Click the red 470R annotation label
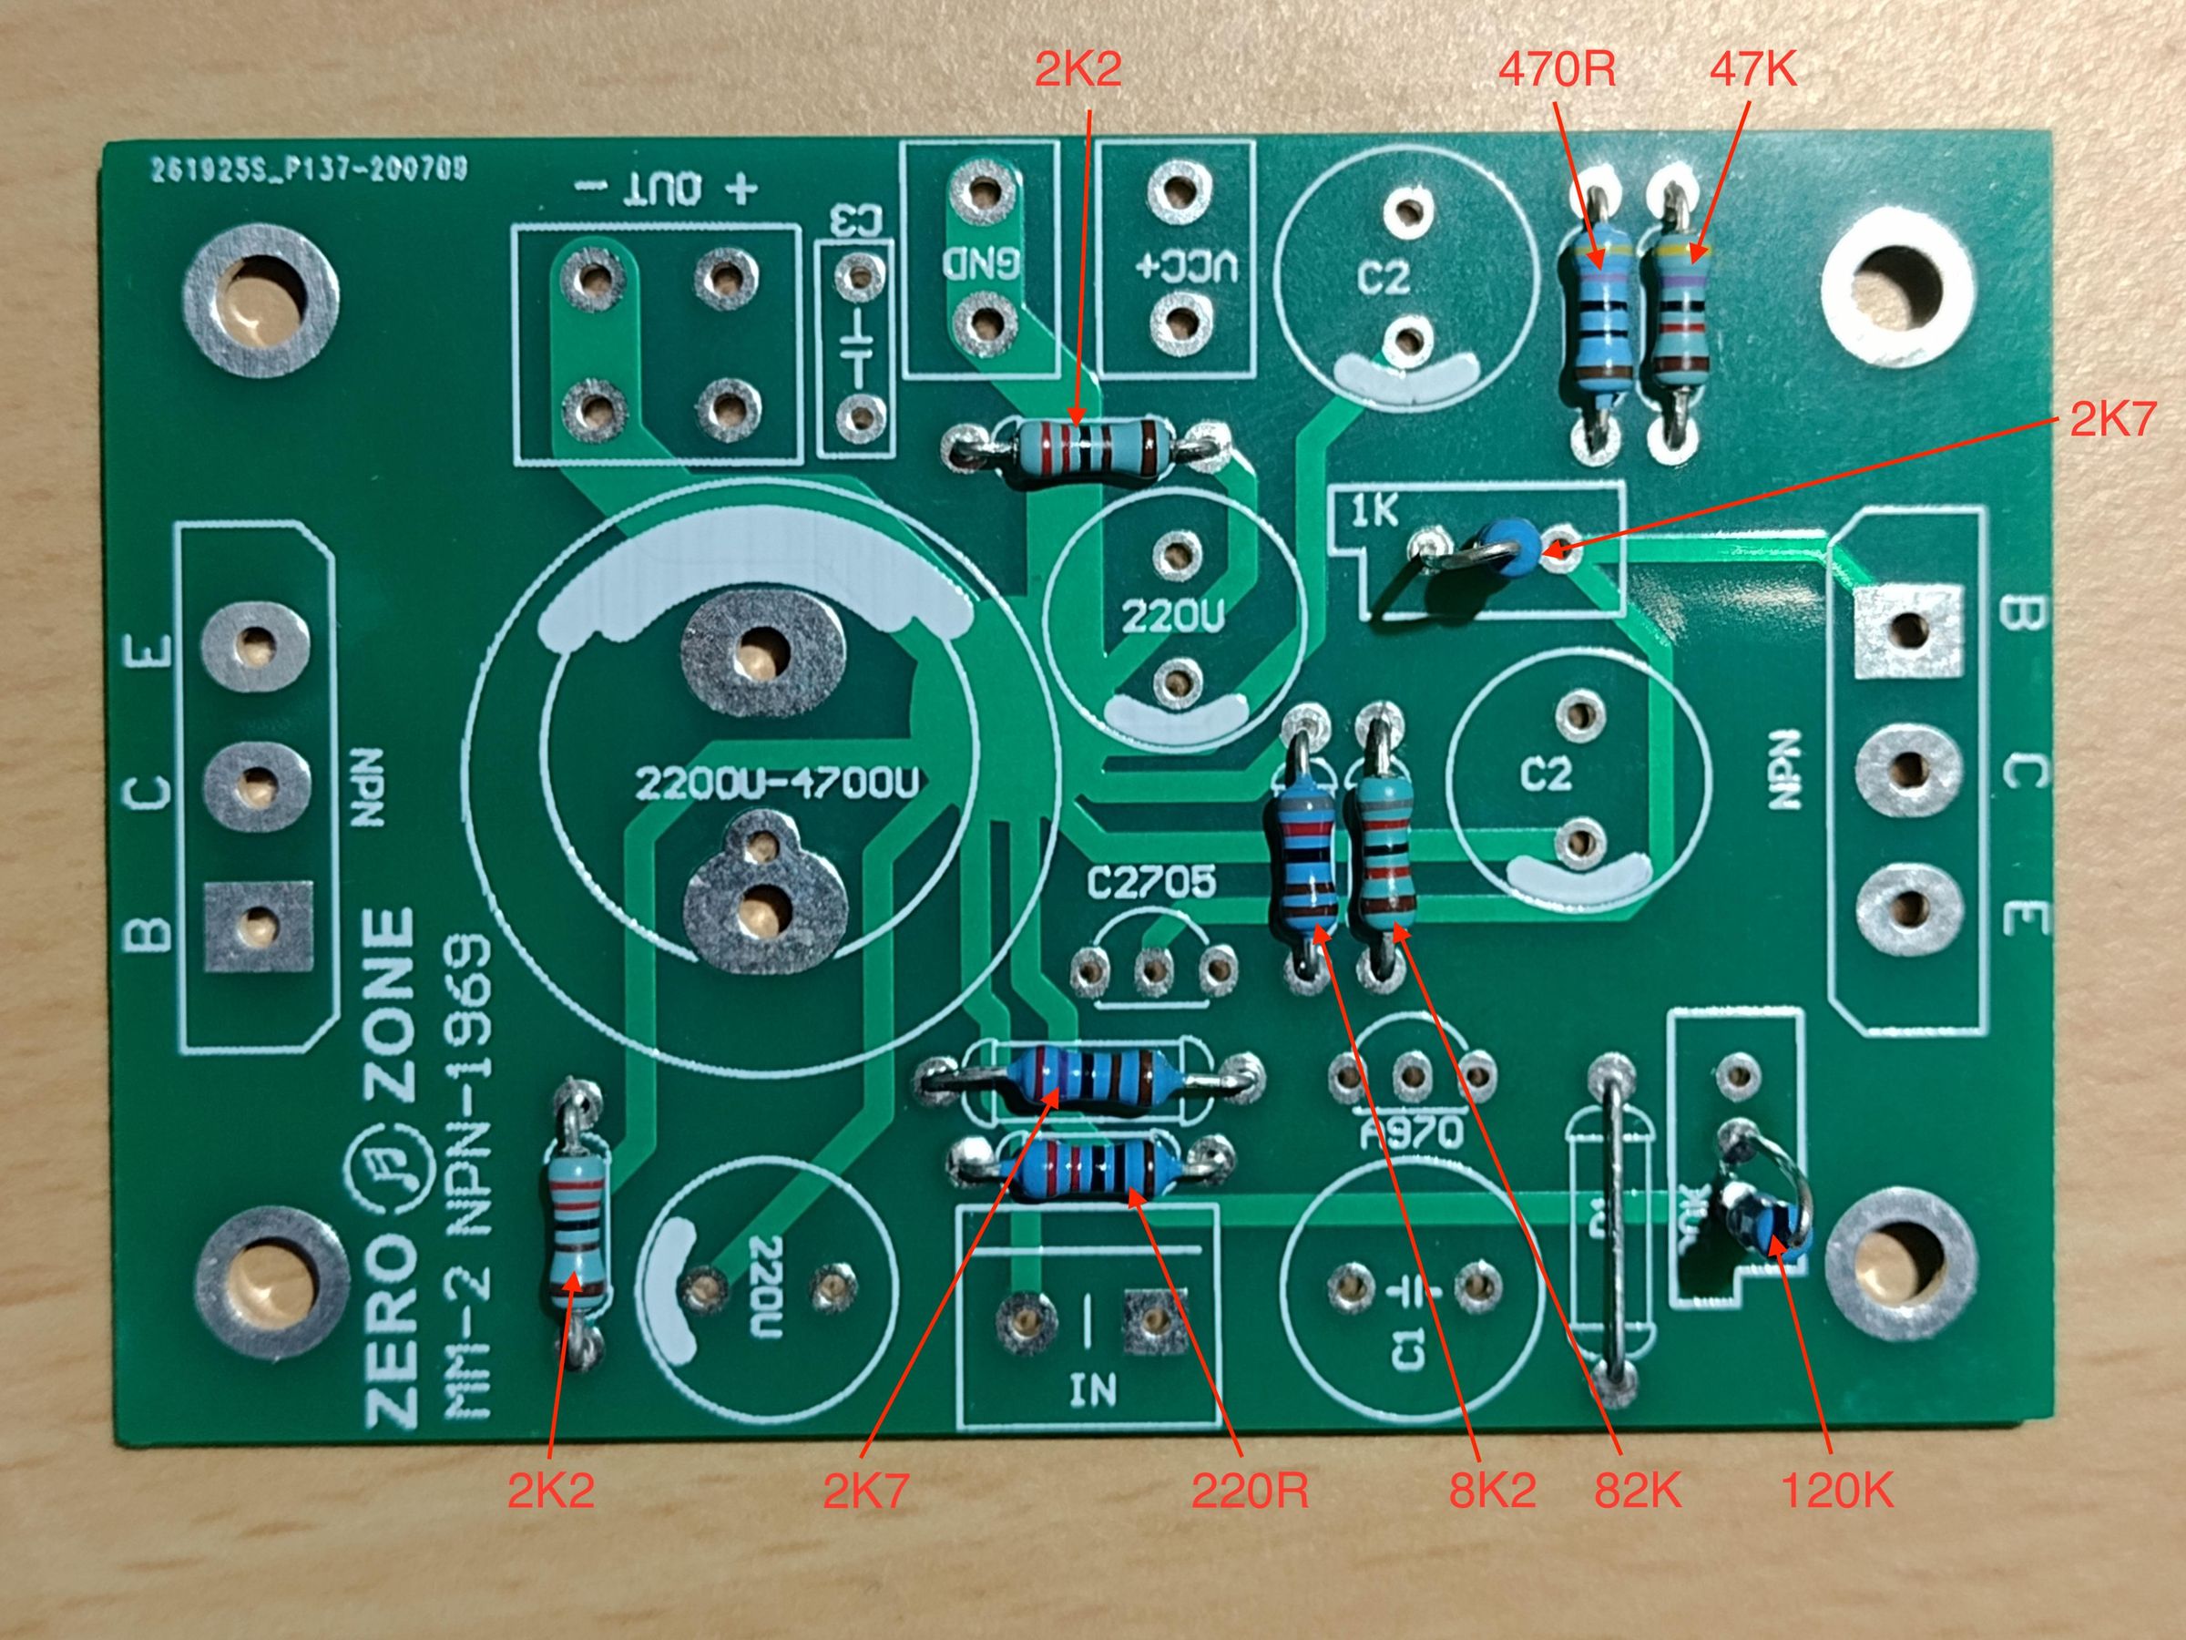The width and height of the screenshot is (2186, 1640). pos(1557,69)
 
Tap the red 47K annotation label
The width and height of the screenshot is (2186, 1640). pos(1752,69)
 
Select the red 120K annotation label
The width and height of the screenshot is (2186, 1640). pos(1837,1490)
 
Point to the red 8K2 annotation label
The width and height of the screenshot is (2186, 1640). pos(1492,1490)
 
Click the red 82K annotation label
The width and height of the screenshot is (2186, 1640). pos(1638,1490)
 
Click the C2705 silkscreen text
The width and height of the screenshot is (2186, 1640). pos(1151,883)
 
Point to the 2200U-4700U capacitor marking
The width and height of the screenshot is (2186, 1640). pos(777,784)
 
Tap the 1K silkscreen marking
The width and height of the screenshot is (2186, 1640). pos(1374,511)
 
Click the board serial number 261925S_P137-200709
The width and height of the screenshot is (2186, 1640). pos(309,170)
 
